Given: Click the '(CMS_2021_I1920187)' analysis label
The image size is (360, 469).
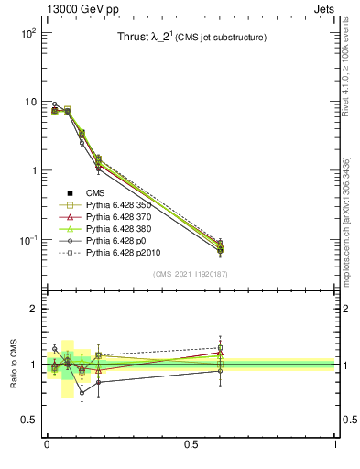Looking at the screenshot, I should [x=189, y=274].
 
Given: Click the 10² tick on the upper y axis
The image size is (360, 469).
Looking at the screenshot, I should [x=28, y=32].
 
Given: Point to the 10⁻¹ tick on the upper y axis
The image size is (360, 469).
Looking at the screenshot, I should [x=28, y=240].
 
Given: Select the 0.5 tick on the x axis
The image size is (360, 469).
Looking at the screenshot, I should [x=191, y=444].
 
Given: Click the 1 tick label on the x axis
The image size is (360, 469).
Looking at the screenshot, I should [x=334, y=444].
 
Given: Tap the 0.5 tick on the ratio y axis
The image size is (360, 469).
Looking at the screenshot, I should [x=28, y=420].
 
